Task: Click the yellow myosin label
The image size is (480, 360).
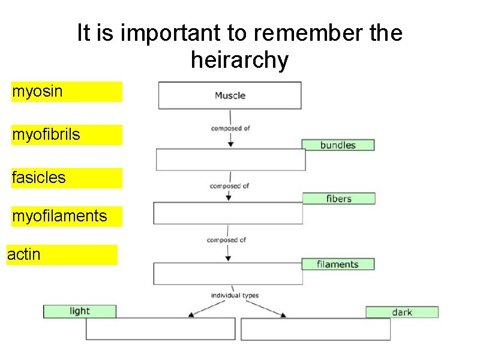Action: tap(66, 92)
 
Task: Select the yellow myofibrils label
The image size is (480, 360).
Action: tap(66, 135)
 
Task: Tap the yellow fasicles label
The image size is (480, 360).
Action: tap(66, 178)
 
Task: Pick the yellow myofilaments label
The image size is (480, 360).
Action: tap(66, 216)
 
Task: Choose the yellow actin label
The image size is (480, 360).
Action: tap(61, 254)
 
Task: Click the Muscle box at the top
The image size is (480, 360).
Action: tap(230, 95)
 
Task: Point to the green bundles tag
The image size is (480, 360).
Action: tap(338, 145)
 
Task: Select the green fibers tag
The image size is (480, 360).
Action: tap(338, 199)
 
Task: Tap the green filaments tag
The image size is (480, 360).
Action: tap(338, 264)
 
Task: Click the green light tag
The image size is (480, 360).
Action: tap(79, 311)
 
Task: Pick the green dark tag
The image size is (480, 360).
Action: tap(402, 312)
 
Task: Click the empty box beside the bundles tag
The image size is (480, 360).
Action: tap(230, 160)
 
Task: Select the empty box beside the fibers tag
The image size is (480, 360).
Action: tap(228, 213)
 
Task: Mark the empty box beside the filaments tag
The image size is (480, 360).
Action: tap(228, 274)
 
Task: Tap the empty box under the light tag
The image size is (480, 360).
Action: tap(160, 329)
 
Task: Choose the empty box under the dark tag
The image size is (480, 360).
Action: tap(316, 329)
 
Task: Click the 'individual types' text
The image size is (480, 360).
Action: tap(234, 295)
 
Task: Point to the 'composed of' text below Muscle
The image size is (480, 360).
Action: tap(230, 128)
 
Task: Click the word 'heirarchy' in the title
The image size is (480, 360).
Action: tap(239, 60)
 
